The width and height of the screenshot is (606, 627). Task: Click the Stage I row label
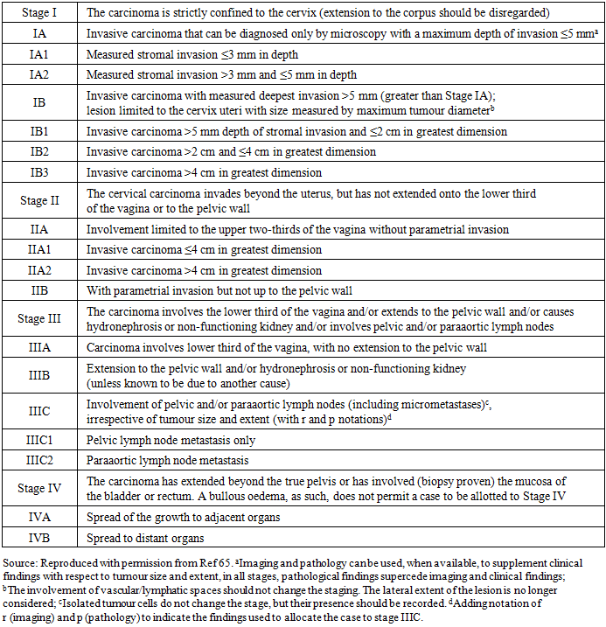point(39,13)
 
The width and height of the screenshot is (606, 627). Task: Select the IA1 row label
point(39,54)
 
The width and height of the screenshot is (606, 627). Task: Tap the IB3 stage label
point(39,172)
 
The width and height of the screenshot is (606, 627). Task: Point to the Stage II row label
point(39,200)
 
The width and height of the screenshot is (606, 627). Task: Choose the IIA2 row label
point(39,270)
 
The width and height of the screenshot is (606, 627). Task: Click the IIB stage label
point(39,289)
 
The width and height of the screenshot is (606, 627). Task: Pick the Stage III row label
point(39,319)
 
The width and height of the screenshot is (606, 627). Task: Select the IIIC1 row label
point(39,440)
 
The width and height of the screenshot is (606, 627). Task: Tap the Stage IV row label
point(39,488)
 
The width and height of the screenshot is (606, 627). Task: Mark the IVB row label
point(39,537)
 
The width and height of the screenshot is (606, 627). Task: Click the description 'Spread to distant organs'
point(144,537)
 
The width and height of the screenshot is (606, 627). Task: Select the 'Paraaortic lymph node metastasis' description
point(167,460)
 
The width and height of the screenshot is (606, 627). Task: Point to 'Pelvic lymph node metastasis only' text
point(171,440)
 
